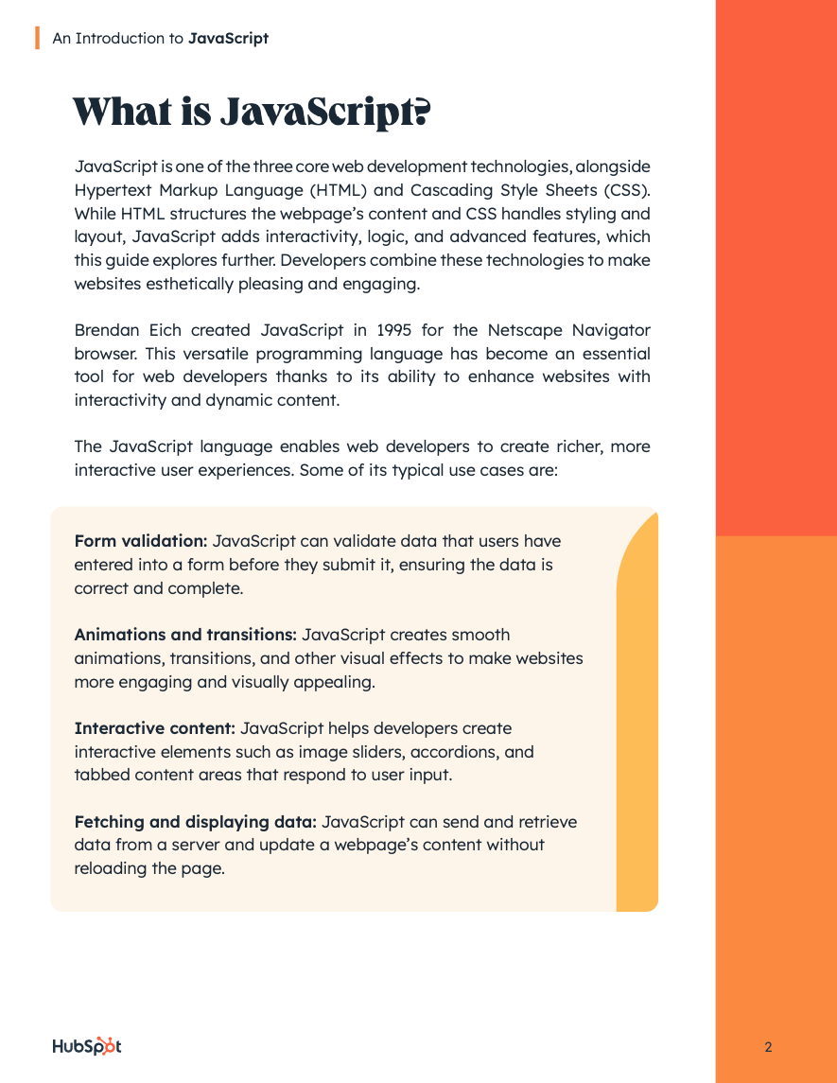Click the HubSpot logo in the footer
tap(86, 1046)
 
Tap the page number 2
tap(768, 1047)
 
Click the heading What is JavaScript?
tap(252, 113)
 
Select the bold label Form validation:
tap(141, 541)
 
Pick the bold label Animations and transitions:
tap(185, 635)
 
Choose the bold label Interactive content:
tap(154, 728)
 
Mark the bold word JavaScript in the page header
tap(228, 39)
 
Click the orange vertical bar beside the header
tap(37, 38)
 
